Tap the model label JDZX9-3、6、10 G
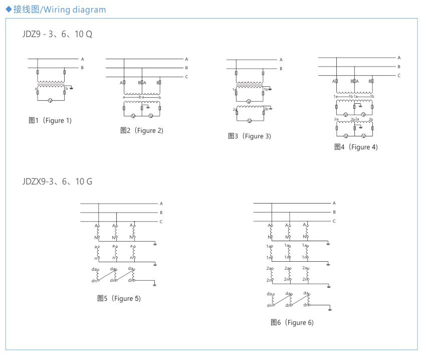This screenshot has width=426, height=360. (57, 182)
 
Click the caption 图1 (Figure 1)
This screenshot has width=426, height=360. (50, 120)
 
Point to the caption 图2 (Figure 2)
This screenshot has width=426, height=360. (142, 130)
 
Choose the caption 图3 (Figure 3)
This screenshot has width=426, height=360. (250, 136)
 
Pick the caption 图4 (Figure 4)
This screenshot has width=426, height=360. (356, 147)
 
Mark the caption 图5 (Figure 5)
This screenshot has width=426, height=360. (119, 298)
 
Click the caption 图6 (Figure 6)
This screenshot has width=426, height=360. (292, 322)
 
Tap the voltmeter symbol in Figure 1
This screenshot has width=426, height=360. (50, 101)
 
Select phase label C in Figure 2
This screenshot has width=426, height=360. (186, 77)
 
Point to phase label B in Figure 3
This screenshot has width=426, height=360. (281, 68)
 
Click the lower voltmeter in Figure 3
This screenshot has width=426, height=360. (249, 121)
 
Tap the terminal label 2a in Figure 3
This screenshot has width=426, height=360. (234, 109)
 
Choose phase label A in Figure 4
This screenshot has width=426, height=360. (399, 58)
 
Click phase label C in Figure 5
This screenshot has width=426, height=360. (161, 222)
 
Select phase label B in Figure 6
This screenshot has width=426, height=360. (334, 212)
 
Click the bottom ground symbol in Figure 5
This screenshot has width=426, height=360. (155, 285)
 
